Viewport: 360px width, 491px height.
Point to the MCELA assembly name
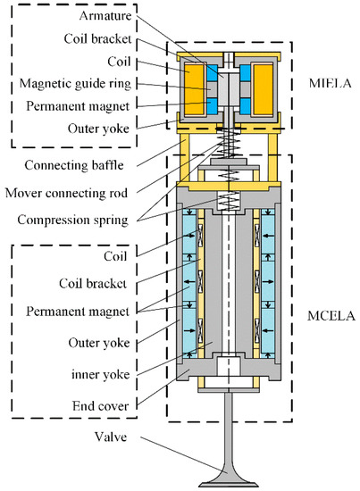(x=326, y=314)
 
